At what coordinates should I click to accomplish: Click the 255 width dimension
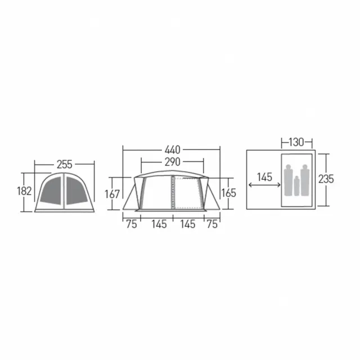[x=65, y=164]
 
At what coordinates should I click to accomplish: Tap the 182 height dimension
[x=24, y=191]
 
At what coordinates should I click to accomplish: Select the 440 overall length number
[x=173, y=150]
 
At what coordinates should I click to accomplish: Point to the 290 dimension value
[x=173, y=162]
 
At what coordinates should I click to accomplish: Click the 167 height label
[x=112, y=194]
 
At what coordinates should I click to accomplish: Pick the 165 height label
[x=229, y=193]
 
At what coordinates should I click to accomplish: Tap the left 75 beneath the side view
[x=132, y=224]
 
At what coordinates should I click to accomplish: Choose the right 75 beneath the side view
[x=212, y=224]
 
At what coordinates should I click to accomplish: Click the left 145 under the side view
[x=159, y=224]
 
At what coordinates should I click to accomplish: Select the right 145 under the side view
[x=188, y=224]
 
